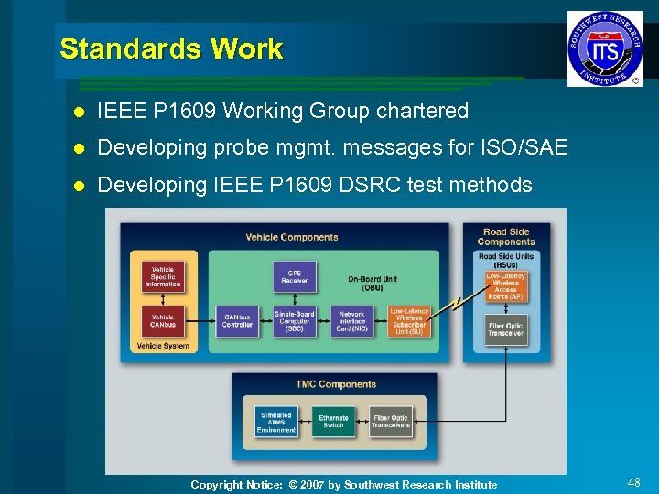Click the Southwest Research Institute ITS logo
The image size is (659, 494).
point(605,48)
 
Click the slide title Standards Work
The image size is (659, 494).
point(171,48)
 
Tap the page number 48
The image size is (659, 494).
point(633,482)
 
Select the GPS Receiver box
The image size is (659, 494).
point(295,276)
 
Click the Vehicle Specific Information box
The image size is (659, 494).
point(163,277)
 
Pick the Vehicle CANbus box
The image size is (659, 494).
point(163,320)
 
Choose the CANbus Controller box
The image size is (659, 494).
point(237,320)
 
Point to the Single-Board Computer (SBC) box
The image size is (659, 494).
point(295,320)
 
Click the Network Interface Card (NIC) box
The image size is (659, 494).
point(351,320)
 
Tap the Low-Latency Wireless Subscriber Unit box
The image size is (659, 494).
point(408,320)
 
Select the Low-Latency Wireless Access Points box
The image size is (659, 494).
point(505,286)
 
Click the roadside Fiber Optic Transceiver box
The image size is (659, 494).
point(505,328)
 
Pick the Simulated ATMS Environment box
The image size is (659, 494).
point(276,422)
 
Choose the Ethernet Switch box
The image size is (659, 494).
point(333,422)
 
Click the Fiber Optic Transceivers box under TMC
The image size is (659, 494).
point(391,422)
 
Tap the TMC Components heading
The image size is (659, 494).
point(336,384)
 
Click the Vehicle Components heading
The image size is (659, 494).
point(292,237)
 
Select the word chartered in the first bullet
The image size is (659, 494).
point(427,112)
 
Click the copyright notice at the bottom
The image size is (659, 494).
point(343,485)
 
